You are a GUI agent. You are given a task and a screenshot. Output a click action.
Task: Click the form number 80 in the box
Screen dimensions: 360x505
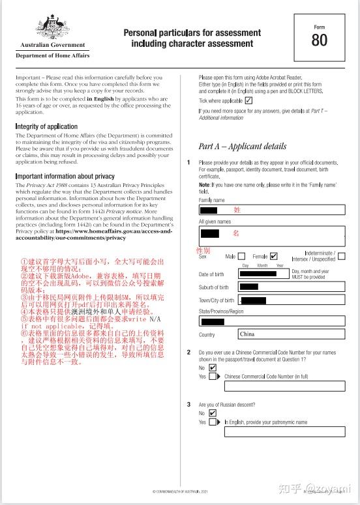tap(320, 40)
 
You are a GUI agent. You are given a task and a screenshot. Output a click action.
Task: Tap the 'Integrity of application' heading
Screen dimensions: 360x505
tap(46, 126)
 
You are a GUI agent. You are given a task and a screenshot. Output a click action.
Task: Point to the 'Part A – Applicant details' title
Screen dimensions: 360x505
tap(242, 147)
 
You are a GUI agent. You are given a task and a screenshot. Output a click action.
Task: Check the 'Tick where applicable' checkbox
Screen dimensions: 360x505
tap(248, 101)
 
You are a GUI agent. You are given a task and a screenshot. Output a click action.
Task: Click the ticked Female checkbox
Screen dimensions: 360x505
tap(273, 256)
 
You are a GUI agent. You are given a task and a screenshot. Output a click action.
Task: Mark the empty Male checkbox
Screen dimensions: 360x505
tap(242, 256)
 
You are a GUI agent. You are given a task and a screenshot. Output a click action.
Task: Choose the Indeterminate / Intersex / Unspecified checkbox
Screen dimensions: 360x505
tap(342, 256)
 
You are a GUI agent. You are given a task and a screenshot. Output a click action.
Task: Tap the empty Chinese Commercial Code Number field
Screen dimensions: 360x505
tap(284, 386)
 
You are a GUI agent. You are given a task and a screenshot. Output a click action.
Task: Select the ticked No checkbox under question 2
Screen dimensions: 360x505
tap(213, 368)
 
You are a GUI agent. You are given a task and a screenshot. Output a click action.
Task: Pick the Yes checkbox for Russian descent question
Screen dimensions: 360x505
tap(213, 422)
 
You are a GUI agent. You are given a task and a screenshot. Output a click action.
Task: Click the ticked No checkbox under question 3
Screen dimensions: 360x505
tap(213, 413)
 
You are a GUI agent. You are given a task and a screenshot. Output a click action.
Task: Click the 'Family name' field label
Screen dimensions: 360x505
tap(211, 200)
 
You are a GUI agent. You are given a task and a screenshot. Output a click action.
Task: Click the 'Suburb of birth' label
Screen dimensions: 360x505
tap(214, 287)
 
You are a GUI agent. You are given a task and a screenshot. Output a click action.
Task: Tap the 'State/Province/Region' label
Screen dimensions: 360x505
tap(221, 311)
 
